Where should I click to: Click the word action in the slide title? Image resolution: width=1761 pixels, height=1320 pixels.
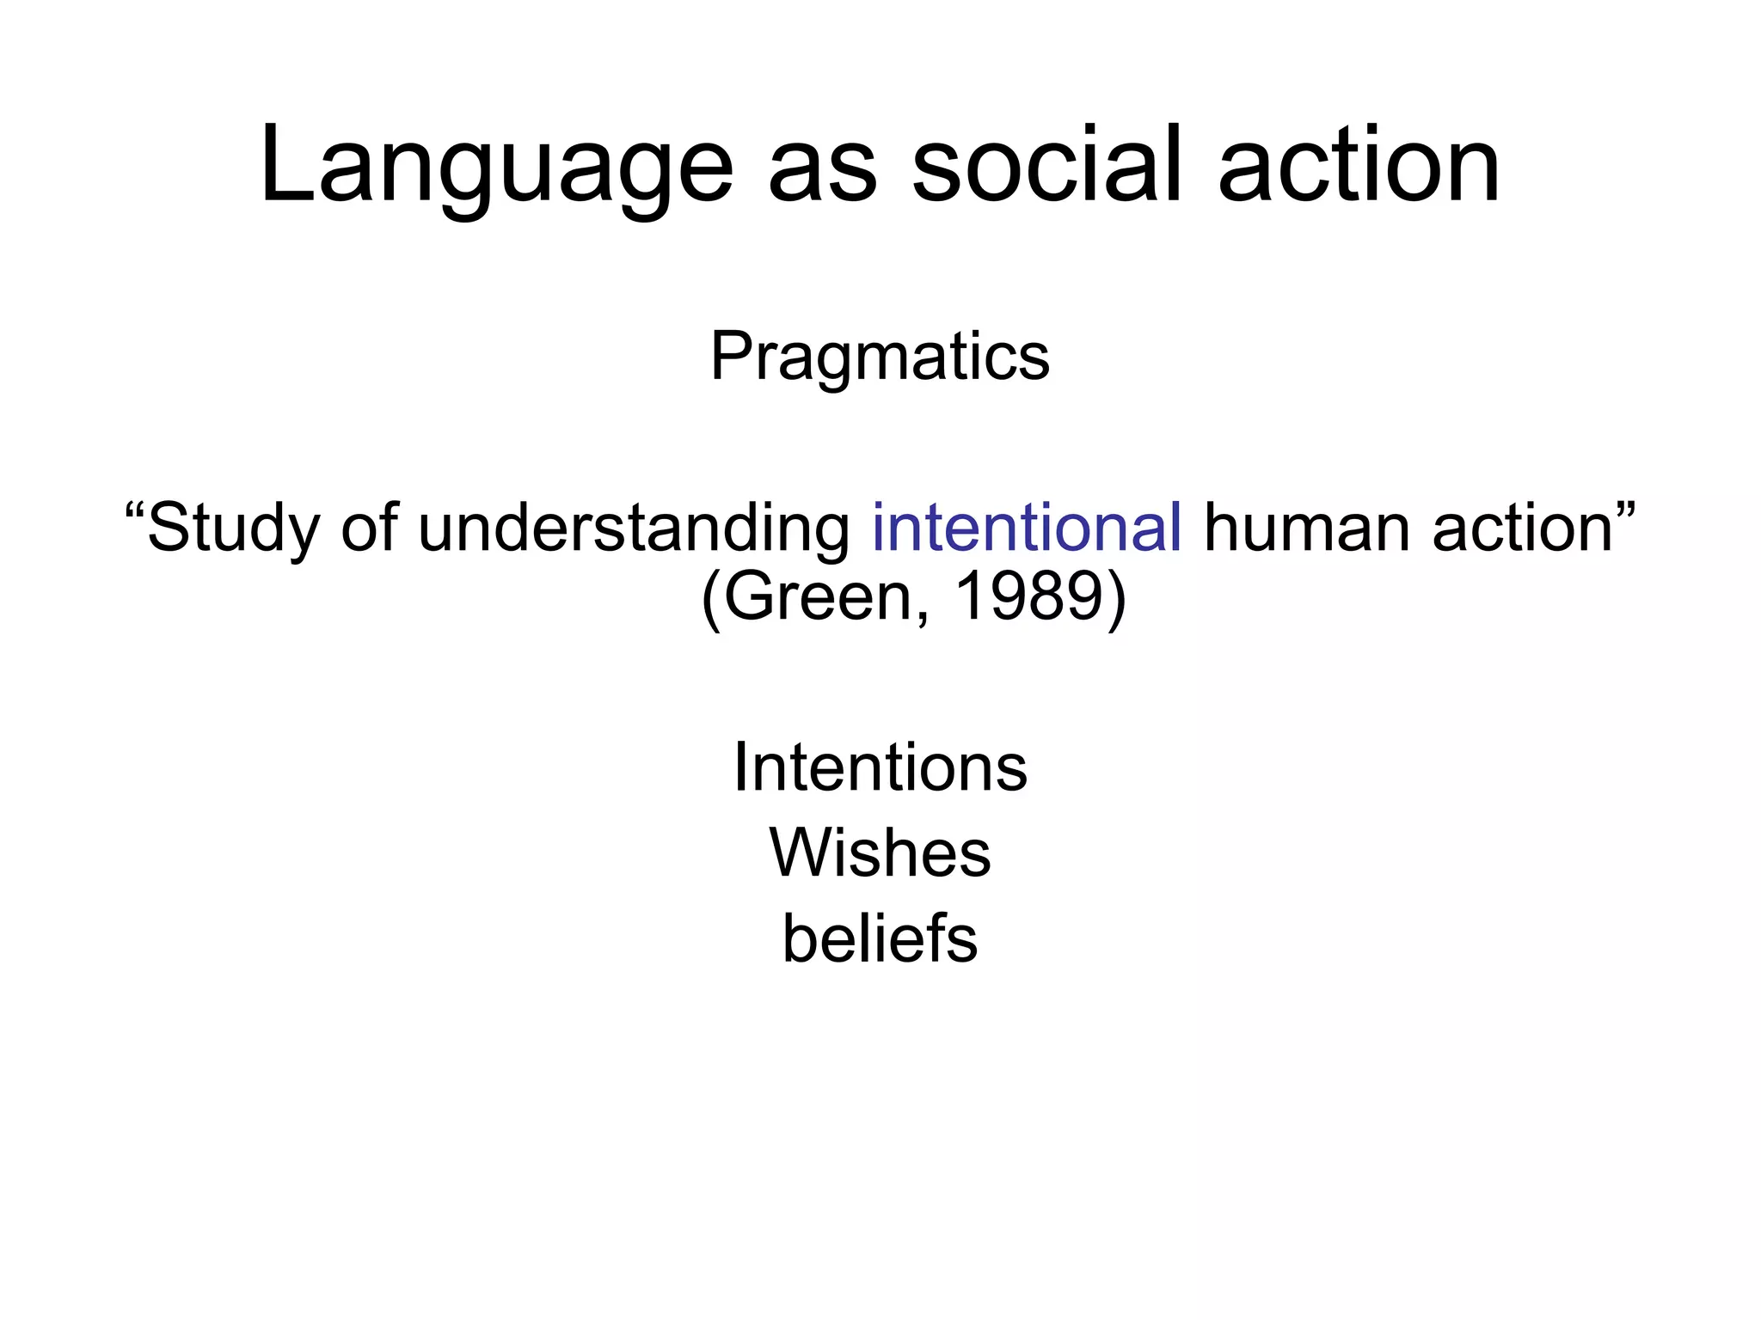click(x=1359, y=165)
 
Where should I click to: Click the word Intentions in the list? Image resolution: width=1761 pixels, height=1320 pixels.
click(x=880, y=767)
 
